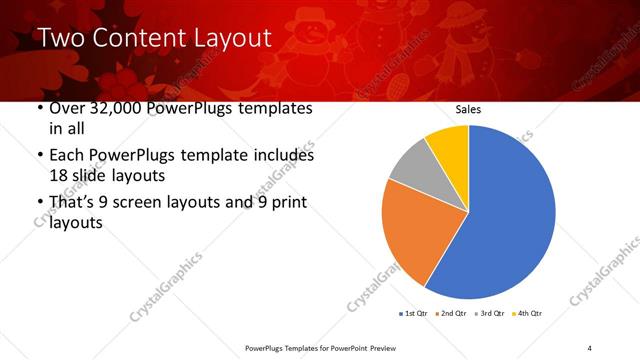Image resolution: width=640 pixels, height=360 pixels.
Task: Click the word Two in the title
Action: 61,39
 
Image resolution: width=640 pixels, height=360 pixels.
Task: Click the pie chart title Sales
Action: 469,109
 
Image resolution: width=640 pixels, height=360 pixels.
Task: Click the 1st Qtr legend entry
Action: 413,314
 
